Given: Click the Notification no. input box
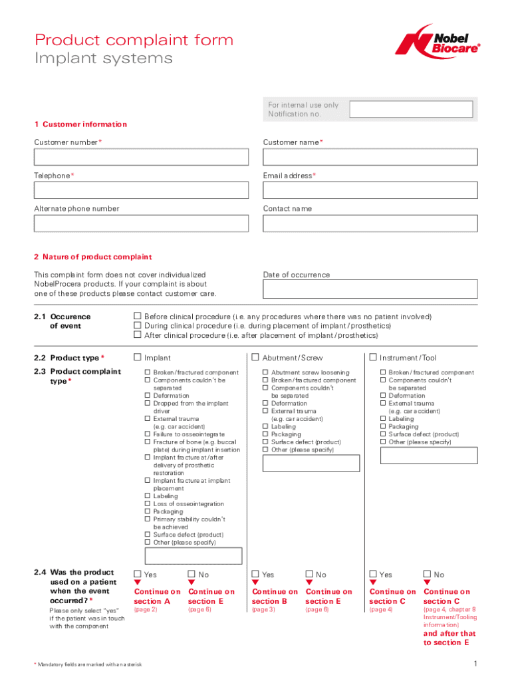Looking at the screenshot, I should (411, 109).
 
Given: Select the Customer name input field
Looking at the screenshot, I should (370, 157).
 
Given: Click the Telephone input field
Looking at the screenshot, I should (141, 190).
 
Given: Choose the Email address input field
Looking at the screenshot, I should (370, 190).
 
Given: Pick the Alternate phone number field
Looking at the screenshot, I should (141, 223).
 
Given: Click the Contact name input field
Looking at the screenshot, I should (370, 223).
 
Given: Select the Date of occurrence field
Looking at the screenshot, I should (370, 289).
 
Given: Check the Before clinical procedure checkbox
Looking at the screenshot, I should (138, 317).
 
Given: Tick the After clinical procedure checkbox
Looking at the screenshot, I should (138, 335).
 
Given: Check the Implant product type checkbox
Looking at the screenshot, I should (138, 358).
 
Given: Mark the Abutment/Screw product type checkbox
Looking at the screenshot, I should (255, 358).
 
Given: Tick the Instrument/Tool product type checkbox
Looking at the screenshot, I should (373, 358).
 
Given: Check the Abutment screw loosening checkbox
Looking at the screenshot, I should (265, 373).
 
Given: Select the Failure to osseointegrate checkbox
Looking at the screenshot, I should (148, 434).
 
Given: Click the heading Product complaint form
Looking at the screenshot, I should (134, 40).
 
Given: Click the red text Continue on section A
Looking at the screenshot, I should (157, 596).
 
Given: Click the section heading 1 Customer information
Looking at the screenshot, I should (80, 124).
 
